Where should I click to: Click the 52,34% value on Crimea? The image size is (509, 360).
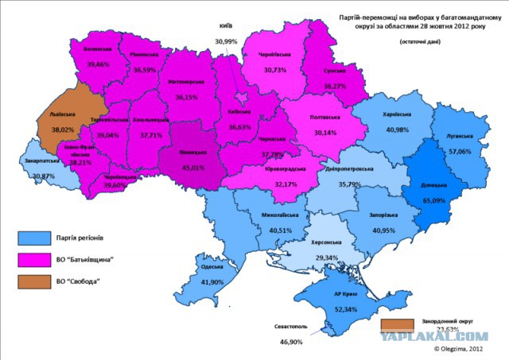tap(345, 309)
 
